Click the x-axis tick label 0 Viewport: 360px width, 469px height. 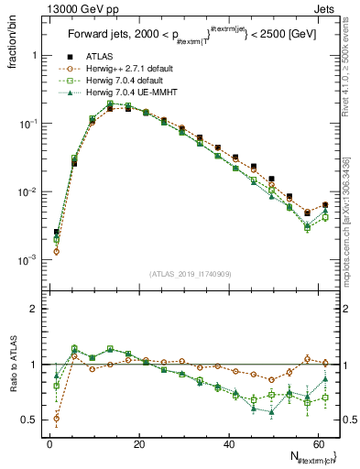point(49,444)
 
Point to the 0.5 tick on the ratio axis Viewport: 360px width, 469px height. point(32,420)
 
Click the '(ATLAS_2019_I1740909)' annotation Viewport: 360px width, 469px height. point(189,274)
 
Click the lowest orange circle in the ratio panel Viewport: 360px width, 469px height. point(57,419)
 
